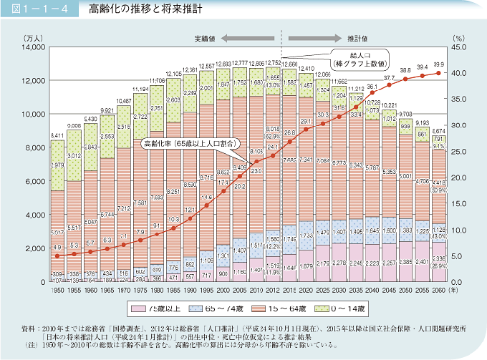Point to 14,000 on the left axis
[x=32, y=47]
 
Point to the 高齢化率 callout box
[x=187, y=143]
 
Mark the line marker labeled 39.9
[x=438, y=73]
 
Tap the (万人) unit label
[x=32, y=36]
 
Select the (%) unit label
[x=458, y=36]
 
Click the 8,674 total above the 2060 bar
[x=438, y=131]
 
